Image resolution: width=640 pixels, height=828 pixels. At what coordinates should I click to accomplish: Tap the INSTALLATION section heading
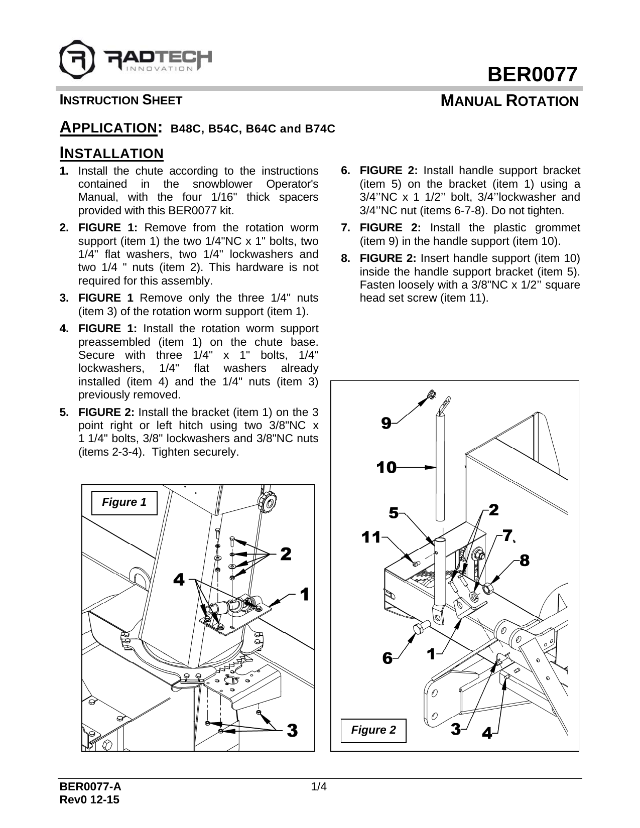coord(111,153)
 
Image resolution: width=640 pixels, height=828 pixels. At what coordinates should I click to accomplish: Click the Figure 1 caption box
coord(124,502)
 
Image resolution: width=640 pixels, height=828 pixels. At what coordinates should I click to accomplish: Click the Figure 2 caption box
coord(373,730)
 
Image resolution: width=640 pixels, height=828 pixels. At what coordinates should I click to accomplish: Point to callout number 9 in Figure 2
coord(386,424)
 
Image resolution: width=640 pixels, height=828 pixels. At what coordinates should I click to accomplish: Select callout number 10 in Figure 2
coord(387,468)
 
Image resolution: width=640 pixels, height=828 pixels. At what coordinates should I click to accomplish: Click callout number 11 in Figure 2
coord(371,537)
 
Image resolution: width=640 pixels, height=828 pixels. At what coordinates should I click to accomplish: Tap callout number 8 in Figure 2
coord(524,561)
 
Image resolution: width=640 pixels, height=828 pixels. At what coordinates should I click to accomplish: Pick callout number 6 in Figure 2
coord(387,657)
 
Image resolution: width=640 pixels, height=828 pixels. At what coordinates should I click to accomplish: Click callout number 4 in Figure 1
coord(179,580)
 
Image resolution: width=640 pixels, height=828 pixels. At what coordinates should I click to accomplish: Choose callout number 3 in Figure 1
coord(292,730)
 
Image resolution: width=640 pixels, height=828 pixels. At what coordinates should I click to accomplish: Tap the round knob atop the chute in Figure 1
coord(266,500)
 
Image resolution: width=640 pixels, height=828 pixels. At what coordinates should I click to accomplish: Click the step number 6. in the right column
coord(346,171)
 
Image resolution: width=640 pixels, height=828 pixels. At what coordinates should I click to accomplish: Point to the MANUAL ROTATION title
coord(509,101)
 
